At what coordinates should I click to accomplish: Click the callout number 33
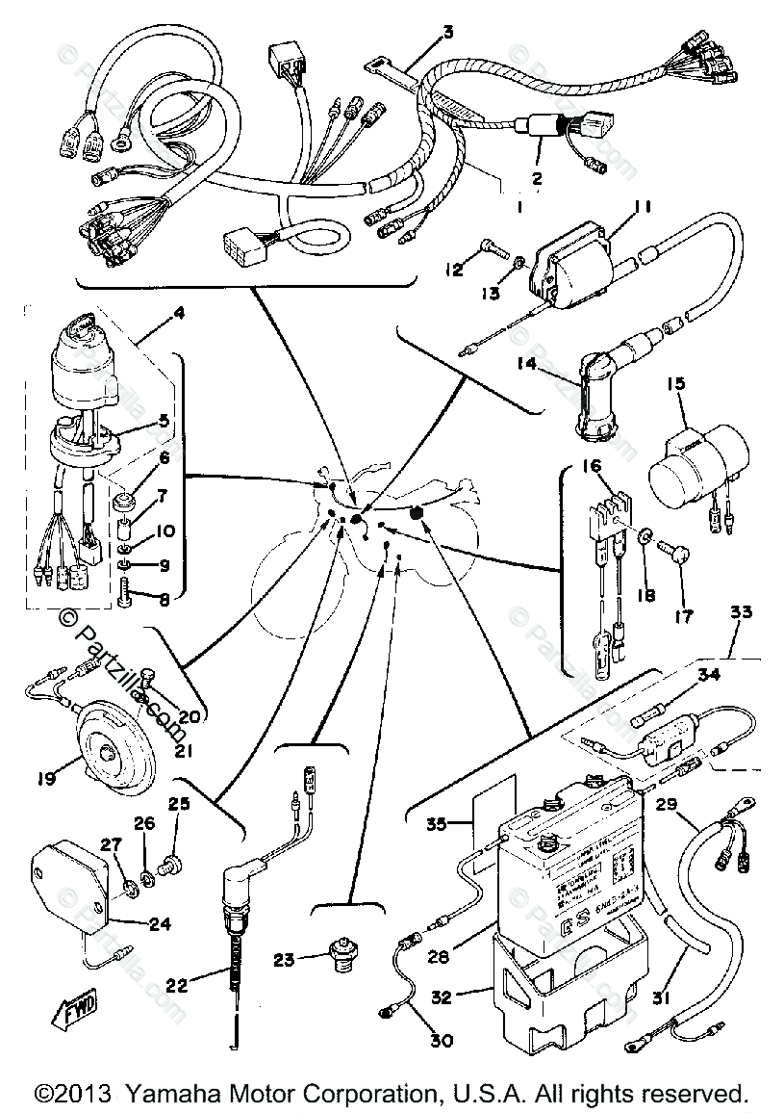[x=741, y=612]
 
